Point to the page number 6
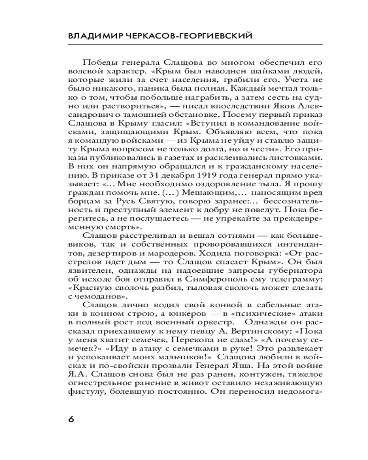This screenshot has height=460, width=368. point(70,419)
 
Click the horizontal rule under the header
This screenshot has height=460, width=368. point(184,44)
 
